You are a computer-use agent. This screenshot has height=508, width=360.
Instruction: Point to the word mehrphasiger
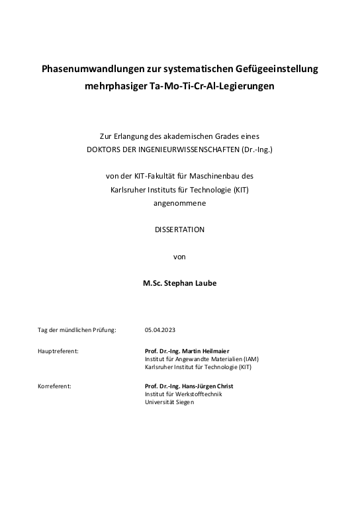pos(111,86)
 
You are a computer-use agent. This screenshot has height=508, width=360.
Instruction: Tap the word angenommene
pos(179,203)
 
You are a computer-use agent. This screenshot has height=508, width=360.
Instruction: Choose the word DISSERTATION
pos(179,230)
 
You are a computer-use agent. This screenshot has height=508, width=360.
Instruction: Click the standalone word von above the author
pos(179,256)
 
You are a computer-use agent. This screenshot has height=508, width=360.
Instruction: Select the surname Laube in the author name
pos(204,282)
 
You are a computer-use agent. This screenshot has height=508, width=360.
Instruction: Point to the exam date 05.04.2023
pos(160,329)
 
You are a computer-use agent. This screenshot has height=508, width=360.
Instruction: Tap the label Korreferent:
pos(54,386)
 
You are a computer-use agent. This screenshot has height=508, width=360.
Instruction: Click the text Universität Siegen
pos(169,402)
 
